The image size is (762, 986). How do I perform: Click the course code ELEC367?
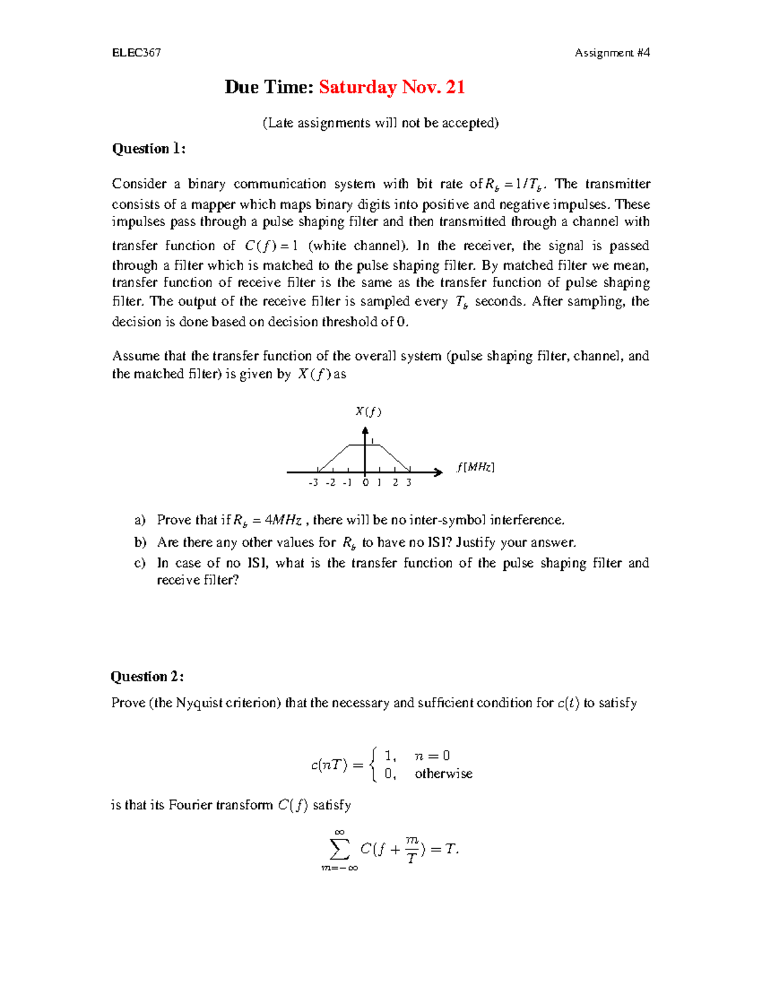click(x=136, y=53)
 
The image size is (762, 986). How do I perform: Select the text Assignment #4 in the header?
click(x=612, y=53)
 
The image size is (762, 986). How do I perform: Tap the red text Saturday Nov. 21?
click(x=392, y=87)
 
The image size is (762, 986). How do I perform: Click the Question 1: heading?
click(x=149, y=149)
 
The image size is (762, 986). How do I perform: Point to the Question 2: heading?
click(x=147, y=676)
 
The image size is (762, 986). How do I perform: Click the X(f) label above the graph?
click(x=368, y=411)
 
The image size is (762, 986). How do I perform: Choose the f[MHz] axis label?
click(x=475, y=467)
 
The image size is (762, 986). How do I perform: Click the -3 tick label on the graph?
click(x=312, y=483)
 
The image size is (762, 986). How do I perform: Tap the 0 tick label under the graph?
click(x=365, y=483)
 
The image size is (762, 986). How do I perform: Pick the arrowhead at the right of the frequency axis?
click(x=438, y=472)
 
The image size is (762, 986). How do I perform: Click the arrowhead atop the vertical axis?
click(x=365, y=431)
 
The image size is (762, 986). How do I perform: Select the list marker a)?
click(x=140, y=520)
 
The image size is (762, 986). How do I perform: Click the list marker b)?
click(x=140, y=542)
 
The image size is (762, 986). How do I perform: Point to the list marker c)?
click(x=140, y=563)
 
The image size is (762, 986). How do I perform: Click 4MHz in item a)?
click(x=283, y=520)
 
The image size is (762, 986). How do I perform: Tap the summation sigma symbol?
click(x=340, y=849)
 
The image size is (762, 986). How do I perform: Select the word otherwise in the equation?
click(x=443, y=773)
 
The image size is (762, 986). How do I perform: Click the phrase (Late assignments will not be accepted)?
click(x=381, y=123)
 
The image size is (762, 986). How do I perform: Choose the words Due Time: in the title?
click(x=269, y=87)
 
